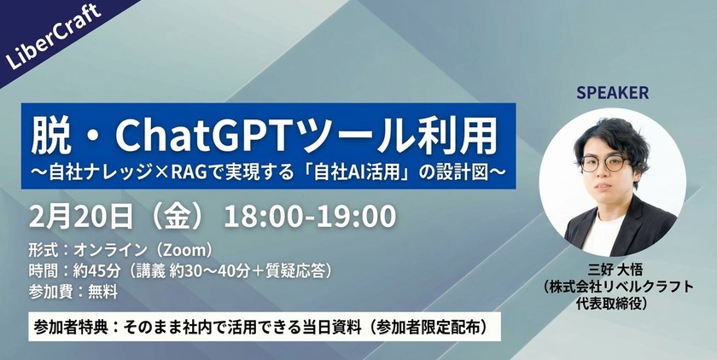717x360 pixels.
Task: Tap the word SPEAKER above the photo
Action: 613,92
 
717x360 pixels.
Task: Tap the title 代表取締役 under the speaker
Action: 613,303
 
